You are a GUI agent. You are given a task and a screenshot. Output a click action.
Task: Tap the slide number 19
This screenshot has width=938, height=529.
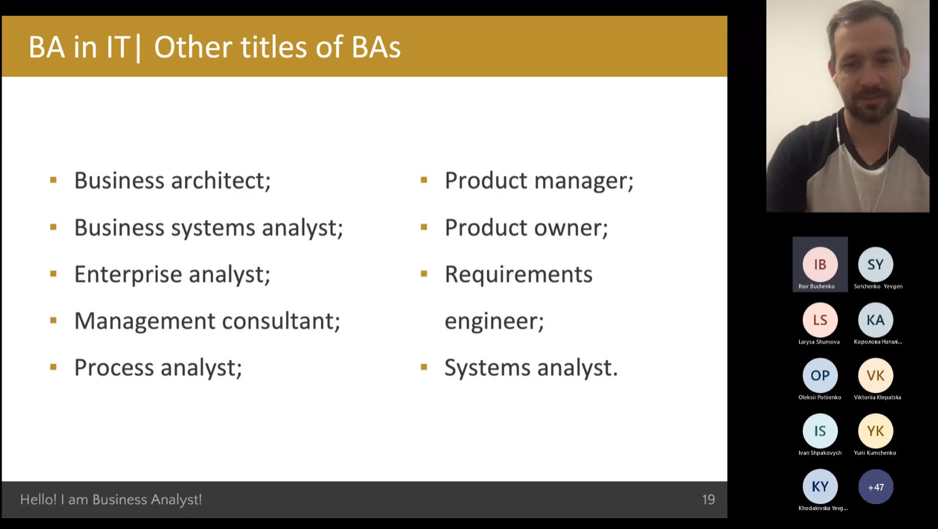708,500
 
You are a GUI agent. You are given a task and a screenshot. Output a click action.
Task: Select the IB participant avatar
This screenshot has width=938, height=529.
820,264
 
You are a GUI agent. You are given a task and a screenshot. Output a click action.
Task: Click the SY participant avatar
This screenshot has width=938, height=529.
875,264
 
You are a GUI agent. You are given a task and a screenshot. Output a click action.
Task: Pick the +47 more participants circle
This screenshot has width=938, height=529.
876,487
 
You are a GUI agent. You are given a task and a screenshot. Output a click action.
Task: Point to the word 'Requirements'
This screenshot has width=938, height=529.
519,275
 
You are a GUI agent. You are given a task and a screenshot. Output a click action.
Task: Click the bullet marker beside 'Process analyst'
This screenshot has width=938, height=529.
53,367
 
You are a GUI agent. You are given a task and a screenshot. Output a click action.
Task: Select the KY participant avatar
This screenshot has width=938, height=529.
820,486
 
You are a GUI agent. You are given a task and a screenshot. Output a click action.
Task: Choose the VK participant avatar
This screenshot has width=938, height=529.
875,375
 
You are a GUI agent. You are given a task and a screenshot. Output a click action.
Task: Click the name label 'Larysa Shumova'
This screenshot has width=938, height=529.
819,342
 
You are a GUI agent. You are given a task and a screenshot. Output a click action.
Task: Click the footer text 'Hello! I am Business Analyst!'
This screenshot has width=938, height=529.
111,500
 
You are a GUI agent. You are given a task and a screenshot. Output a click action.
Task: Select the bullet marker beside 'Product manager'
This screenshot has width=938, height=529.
424,180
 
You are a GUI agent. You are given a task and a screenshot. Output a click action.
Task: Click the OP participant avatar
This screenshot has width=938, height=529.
820,375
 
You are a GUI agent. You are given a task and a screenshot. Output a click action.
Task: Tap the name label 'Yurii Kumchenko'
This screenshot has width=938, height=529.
875,453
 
